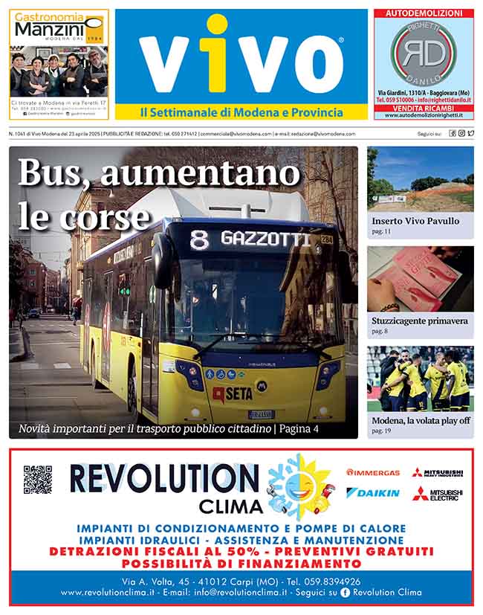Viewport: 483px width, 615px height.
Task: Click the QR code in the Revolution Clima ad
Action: tap(37, 480)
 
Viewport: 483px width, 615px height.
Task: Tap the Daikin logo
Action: tap(373, 493)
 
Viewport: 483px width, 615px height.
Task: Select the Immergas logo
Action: tap(373, 472)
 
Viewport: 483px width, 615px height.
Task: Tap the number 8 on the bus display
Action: tap(198, 239)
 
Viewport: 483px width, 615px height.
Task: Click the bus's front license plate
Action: tap(262, 414)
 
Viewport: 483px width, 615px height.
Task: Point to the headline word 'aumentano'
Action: tap(200, 174)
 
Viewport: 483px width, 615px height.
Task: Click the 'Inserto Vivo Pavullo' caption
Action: tap(415, 221)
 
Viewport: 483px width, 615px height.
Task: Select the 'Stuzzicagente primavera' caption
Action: tap(420, 321)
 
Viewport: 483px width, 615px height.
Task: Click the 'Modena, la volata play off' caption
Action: tap(421, 420)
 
